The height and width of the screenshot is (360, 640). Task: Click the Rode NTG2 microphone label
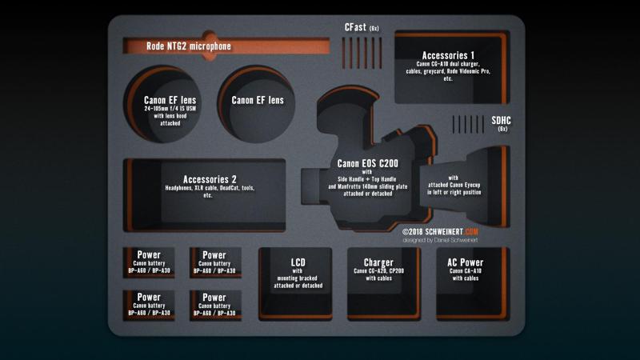click(x=189, y=46)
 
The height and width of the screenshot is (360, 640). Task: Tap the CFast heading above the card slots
click(x=356, y=27)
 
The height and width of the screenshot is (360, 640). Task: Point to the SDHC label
click(x=502, y=120)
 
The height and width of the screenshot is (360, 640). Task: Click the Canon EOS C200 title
click(x=367, y=164)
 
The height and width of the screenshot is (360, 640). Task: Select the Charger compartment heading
click(x=378, y=262)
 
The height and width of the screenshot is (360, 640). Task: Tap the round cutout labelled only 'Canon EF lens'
click(x=258, y=100)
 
